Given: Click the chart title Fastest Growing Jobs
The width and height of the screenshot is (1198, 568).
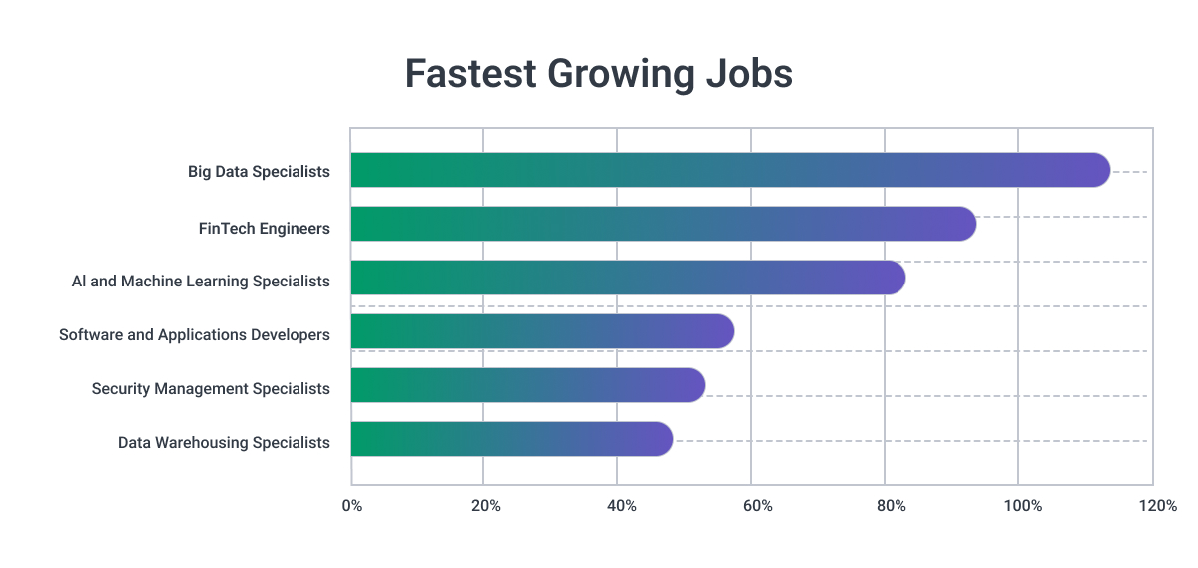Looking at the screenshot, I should pyautogui.click(x=598, y=75).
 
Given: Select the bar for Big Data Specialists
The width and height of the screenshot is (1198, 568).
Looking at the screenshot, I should pyautogui.click(x=730, y=171).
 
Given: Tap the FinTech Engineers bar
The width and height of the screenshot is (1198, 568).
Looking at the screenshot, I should pyautogui.click(x=663, y=225).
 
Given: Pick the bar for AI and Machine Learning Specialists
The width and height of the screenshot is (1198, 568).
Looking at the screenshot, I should pyautogui.click(x=628, y=279).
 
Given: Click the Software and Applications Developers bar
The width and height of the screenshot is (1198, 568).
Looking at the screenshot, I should pyautogui.click(x=542, y=332).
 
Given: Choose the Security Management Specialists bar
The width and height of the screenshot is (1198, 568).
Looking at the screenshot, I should pyautogui.click(x=528, y=386).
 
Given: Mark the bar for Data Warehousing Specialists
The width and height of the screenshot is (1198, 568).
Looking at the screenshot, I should pyautogui.click(x=512, y=440).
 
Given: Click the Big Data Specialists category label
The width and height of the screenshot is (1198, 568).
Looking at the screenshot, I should pyautogui.click(x=259, y=172).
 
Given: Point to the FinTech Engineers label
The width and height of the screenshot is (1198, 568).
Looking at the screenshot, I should pyautogui.click(x=264, y=229).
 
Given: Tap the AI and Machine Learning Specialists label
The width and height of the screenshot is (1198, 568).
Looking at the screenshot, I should pyautogui.click(x=201, y=282).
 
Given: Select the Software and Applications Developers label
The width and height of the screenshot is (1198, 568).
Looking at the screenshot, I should pyautogui.click(x=195, y=335).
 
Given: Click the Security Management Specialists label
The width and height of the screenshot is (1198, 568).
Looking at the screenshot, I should pyautogui.click(x=211, y=389).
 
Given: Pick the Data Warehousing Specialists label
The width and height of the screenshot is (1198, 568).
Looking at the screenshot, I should pyautogui.click(x=224, y=443).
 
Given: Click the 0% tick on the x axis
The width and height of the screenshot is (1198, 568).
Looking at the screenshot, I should pyautogui.click(x=351, y=507).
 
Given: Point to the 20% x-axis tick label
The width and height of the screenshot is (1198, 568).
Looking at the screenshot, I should pyautogui.click(x=485, y=507).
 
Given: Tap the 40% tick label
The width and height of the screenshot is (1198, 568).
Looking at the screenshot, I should pyautogui.click(x=621, y=507).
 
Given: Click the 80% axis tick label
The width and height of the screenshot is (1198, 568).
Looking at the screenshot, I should pyautogui.click(x=891, y=507).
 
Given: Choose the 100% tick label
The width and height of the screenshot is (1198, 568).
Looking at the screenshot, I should pyautogui.click(x=1023, y=507).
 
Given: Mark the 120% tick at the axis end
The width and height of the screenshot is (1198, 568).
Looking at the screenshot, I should pyautogui.click(x=1158, y=507).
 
